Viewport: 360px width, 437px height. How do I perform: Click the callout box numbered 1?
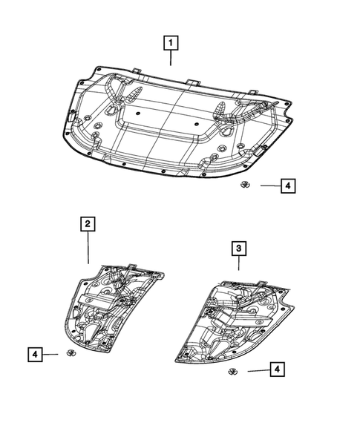tap(170, 43)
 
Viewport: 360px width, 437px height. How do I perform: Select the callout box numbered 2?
tap(88, 223)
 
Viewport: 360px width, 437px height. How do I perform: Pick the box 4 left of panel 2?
tap(35, 355)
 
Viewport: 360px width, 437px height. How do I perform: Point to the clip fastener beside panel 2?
tap(68, 352)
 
